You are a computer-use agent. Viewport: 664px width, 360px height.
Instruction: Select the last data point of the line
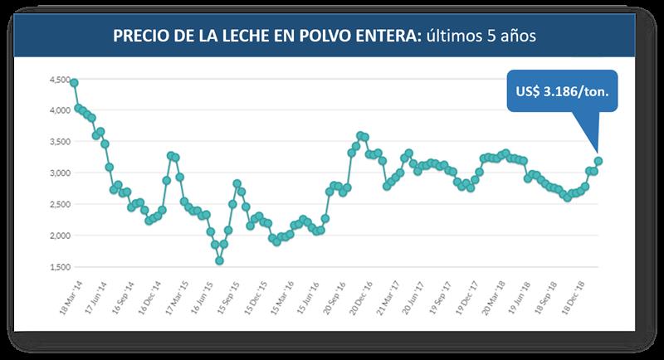point(598,161)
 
